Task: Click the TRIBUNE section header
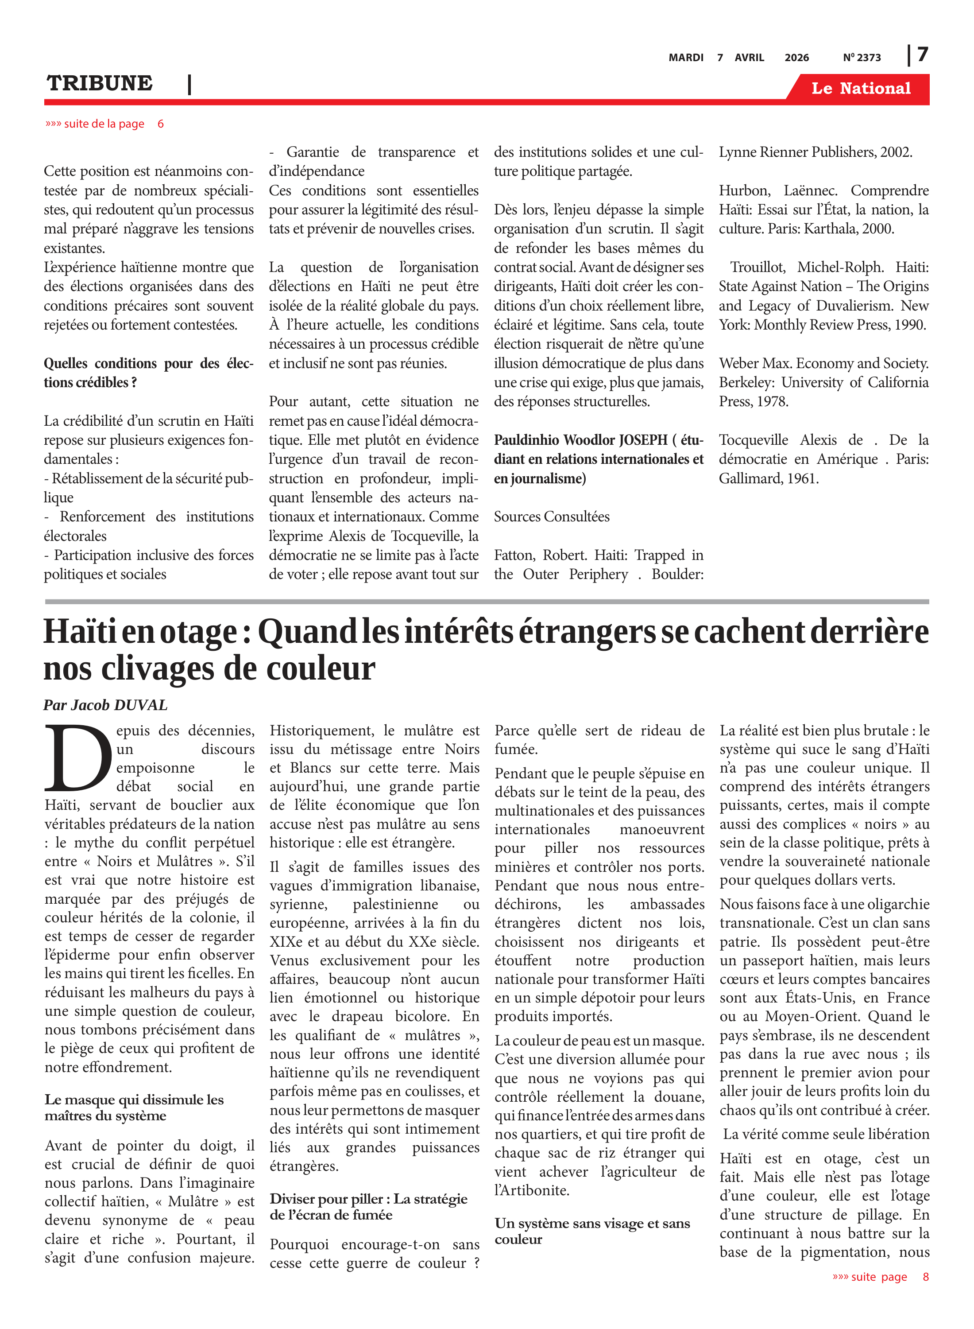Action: [x=100, y=83]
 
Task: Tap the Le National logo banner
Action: [x=860, y=89]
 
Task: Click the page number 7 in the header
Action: [x=923, y=55]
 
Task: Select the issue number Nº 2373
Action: [x=862, y=58]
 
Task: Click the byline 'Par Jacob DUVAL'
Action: [x=105, y=705]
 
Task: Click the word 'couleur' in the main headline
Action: [x=320, y=669]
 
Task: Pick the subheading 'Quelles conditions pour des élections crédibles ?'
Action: [x=149, y=373]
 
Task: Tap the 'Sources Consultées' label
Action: [x=551, y=517]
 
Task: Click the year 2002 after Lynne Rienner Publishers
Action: [x=896, y=152]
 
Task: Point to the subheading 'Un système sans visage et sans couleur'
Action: [x=592, y=1231]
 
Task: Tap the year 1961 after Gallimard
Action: [x=802, y=478]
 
